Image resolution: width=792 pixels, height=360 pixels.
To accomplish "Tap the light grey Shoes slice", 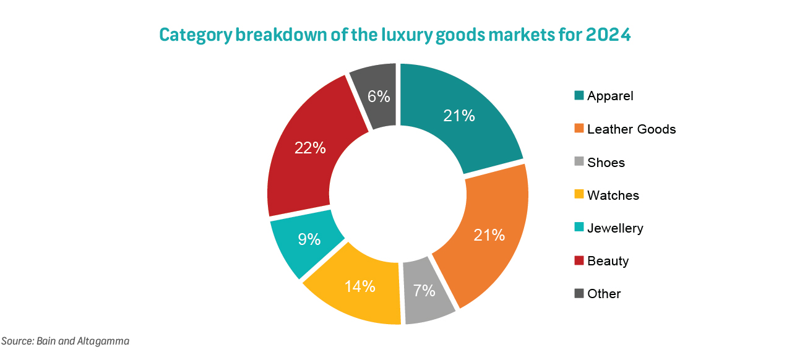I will (x=427, y=297).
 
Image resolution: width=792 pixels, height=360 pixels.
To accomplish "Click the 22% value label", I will (x=310, y=148).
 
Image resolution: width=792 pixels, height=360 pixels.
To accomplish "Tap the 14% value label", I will (x=360, y=286).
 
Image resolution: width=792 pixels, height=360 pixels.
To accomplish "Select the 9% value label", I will (x=309, y=239).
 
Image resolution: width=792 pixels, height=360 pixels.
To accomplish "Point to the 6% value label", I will (x=378, y=96).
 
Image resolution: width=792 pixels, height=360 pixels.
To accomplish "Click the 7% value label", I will (x=424, y=291).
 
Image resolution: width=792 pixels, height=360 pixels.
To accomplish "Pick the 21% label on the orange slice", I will (x=489, y=235).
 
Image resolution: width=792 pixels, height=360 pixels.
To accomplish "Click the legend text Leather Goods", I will (x=631, y=129).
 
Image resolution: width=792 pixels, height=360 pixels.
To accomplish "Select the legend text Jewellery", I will (x=615, y=228).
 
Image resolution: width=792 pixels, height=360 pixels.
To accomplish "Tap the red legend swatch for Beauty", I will (x=579, y=261).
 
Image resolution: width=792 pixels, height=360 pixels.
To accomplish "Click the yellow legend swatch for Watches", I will (x=579, y=195).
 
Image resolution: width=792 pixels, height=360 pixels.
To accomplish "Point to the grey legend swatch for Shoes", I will (x=579, y=163).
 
